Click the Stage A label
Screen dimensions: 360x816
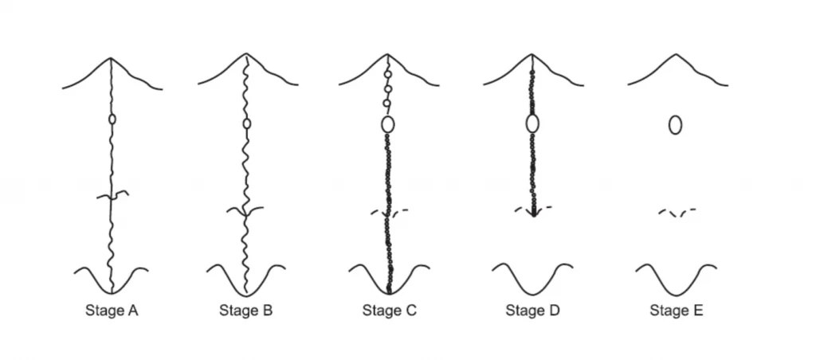(112, 311)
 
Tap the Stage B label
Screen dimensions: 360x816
(245, 311)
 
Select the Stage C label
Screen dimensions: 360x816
(389, 311)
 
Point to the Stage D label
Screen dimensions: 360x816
(532, 311)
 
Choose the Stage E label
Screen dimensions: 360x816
(675, 311)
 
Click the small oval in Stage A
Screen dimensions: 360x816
(112, 119)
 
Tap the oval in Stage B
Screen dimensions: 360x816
(246, 124)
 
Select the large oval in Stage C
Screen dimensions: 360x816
(388, 124)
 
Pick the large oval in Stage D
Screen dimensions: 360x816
(532, 123)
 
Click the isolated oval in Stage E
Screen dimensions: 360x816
(675, 125)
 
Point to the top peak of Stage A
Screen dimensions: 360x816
(112, 58)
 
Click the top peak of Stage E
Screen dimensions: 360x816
(676, 55)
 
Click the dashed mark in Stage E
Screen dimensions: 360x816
(676, 213)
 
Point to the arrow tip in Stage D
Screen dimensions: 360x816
(533, 216)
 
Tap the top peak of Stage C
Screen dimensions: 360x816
(388, 57)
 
